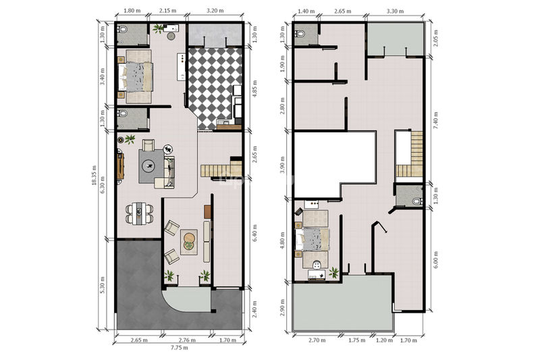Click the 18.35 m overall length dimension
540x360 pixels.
point(94,175)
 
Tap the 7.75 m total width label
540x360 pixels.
point(180,348)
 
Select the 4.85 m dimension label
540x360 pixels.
point(255,89)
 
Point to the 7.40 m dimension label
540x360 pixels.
point(435,121)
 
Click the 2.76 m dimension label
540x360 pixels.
point(188,340)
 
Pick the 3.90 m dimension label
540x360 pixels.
point(282,165)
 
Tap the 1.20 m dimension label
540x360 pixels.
point(384,340)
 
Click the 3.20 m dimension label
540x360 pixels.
point(215,10)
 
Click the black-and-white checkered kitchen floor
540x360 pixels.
point(214,88)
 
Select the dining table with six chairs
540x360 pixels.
point(140,213)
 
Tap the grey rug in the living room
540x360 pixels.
point(151,166)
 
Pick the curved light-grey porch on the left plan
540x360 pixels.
point(188,300)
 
